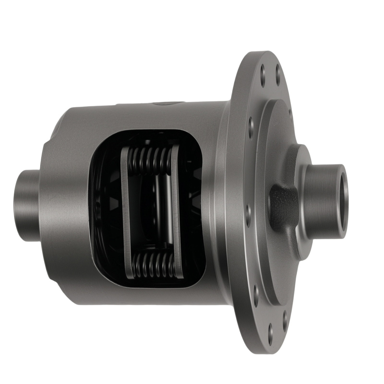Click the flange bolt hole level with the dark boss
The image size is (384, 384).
[x=248, y=210]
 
